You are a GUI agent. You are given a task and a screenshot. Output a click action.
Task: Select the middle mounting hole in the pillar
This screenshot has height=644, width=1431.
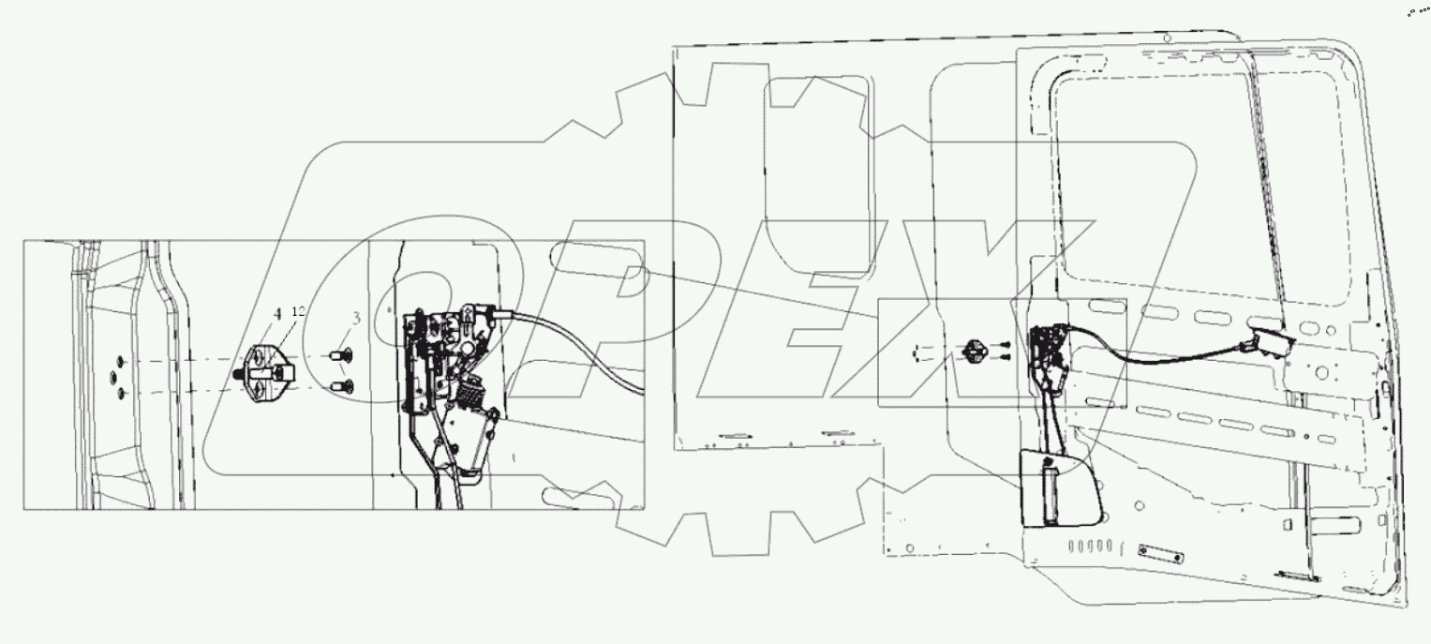(114, 377)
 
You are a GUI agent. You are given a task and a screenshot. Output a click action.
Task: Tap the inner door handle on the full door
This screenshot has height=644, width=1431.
(1264, 344)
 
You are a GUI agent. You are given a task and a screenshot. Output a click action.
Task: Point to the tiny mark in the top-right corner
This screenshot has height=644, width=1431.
(1419, 13)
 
